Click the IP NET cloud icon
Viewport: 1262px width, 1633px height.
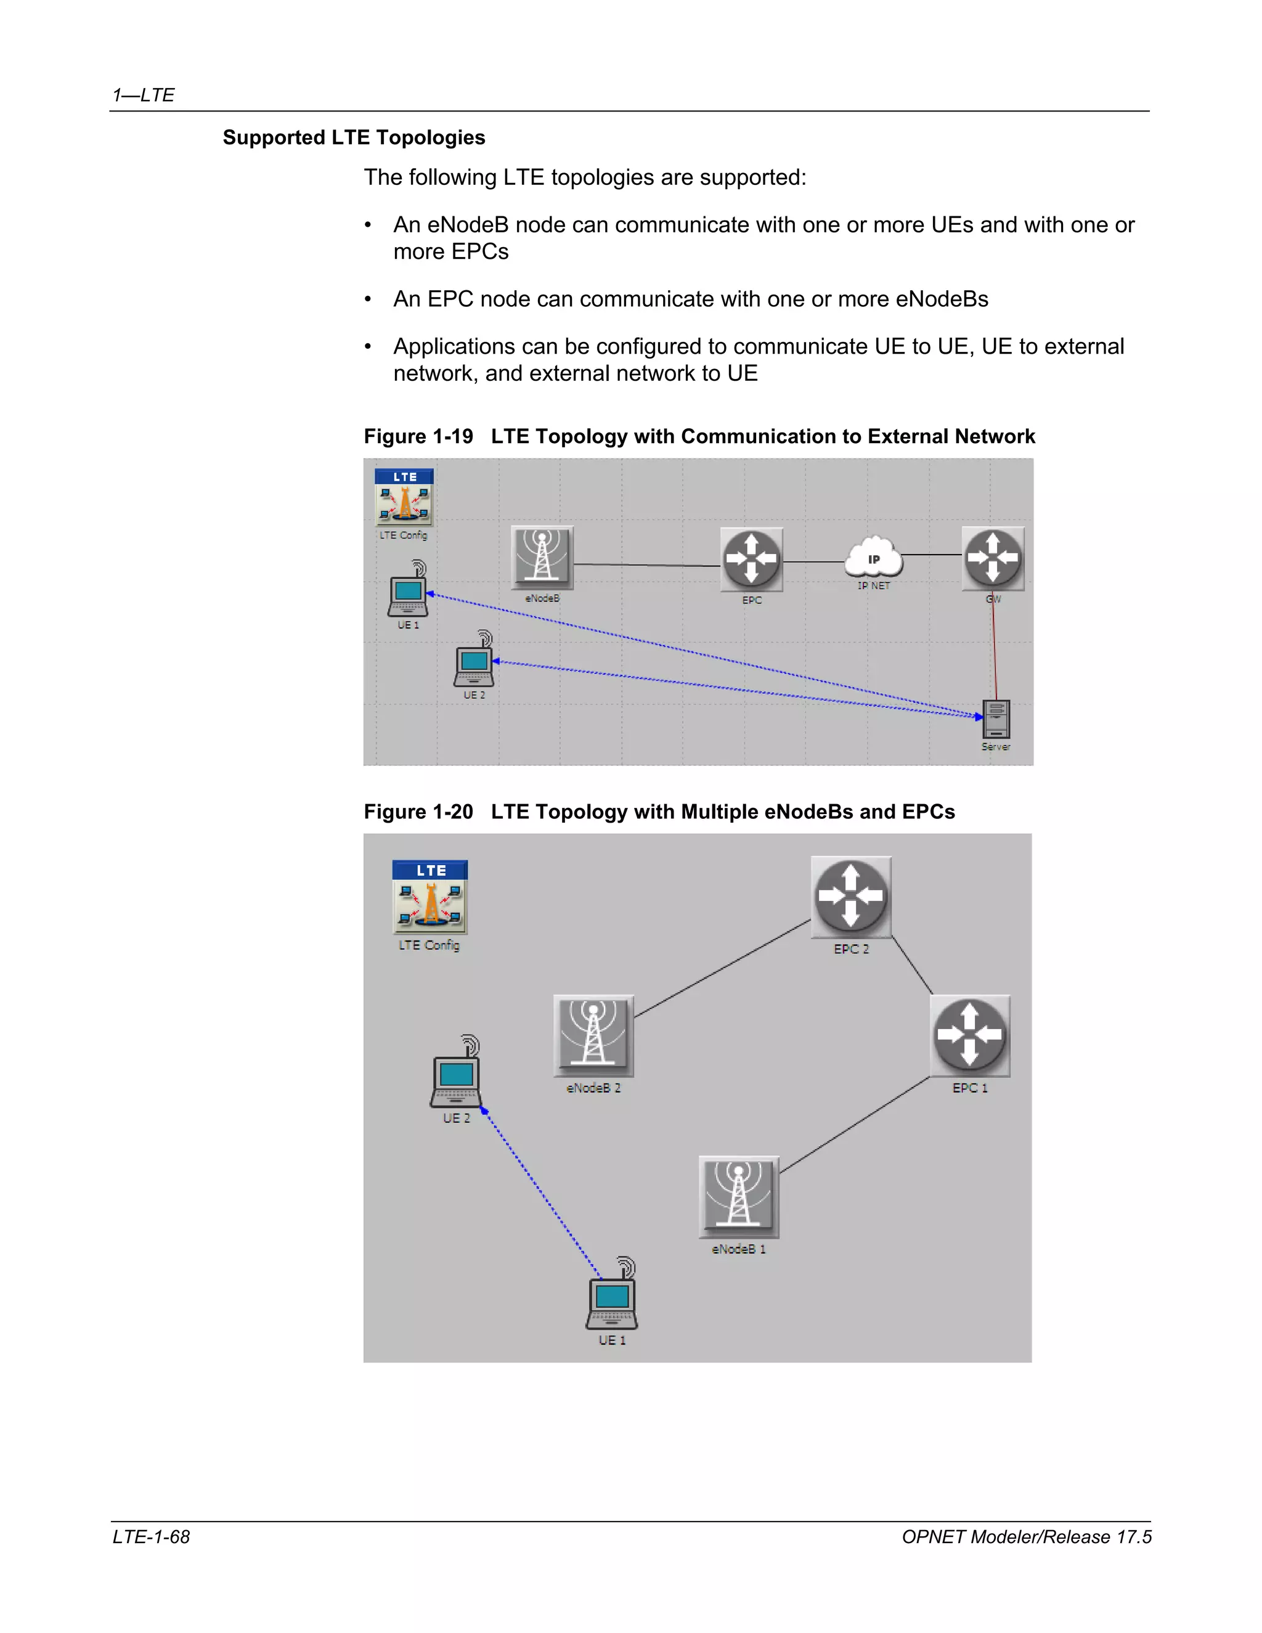point(873,558)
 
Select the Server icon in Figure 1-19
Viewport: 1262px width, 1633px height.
point(996,719)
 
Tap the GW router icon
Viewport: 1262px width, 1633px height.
point(992,558)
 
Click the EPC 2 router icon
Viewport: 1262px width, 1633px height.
point(851,897)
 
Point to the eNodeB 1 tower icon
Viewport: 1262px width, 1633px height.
point(739,1196)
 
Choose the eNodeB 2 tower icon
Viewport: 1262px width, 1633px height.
point(593,1035)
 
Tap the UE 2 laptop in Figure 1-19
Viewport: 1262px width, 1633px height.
point(474,662)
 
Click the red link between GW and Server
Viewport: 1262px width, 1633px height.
point(995,651)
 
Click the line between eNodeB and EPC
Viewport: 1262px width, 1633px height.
point(646,564)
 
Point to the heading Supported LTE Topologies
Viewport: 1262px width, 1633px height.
point(354,137)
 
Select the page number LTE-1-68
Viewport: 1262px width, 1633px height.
point(151,1536)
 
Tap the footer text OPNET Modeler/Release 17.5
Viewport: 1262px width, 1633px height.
point(1026,1536)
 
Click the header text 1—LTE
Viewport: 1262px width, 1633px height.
point(144,95)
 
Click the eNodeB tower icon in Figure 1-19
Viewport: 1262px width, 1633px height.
point(542,558)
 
